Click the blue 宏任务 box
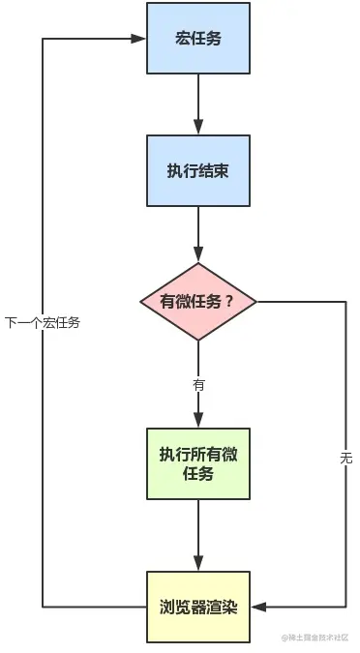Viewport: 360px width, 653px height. coord(198,39)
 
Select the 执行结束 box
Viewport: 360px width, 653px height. coord(198,171)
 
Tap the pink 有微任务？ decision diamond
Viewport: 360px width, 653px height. coord(198,301)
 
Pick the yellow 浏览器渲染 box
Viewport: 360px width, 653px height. coord(198,607)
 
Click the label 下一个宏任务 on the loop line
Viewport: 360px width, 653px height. coord(43,323)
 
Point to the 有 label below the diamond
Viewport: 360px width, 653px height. coord(198,384)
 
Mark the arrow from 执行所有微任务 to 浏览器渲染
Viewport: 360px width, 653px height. coord(198,538)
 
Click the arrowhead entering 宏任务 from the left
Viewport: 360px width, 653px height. coord(140,40)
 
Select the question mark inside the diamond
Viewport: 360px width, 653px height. coord(228,301)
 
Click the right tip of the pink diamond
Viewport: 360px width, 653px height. coord(257,301)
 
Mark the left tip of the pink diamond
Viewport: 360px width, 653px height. coord(140,301)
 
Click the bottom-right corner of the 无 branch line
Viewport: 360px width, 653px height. coord(345,607)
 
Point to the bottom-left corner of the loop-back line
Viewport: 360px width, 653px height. coord(43,607)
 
